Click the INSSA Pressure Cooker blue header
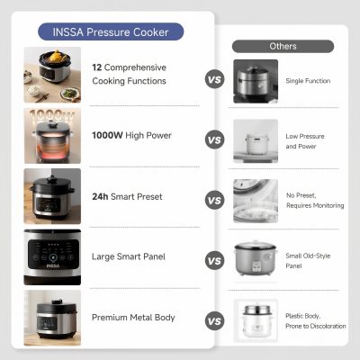(111, 31)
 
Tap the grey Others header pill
(283, 46)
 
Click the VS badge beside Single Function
(214, 80)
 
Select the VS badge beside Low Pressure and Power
(214, 139)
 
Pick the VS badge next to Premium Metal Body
(214, 321)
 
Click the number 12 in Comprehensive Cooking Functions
(97, 67)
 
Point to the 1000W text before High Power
(107, 135)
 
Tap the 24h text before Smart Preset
(100, 196)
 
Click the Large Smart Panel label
(129, 256)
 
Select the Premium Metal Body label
(133, 318)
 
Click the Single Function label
(308, 81)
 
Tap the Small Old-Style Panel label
(308, 261)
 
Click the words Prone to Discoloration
(316, 326)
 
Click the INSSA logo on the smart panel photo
(53, 266)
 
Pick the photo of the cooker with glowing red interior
(52, 136)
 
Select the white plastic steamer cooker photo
(256, 320)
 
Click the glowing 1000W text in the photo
(51, 115)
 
